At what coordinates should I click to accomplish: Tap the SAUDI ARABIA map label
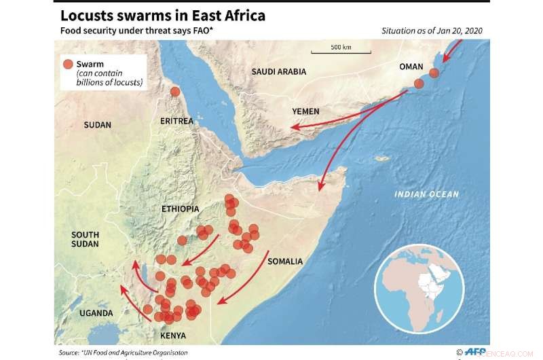point(278,71)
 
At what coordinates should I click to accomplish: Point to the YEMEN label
point(305,111)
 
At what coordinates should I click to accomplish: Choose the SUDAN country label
point(97,125)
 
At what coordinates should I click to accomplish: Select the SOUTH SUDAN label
point(85,239)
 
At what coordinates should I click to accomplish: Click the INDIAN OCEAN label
point(426,194)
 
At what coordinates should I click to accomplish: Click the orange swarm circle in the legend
point(67,65)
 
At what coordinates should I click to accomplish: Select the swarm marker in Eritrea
point(175,92)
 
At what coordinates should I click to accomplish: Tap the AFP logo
point(474,351)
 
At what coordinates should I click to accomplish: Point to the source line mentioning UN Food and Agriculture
point(122,353)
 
